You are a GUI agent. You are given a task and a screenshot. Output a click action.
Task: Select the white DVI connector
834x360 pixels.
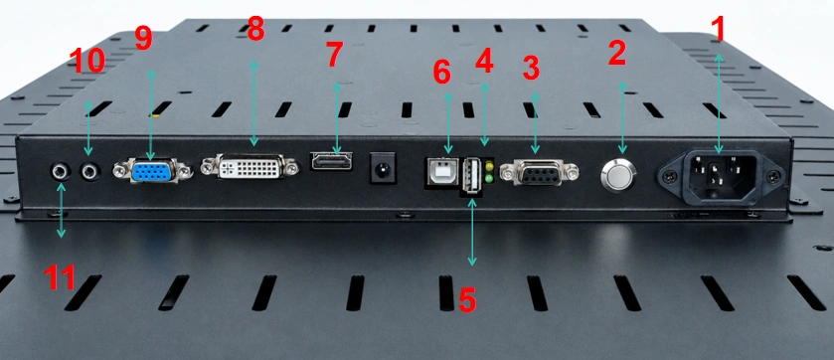(250, 167)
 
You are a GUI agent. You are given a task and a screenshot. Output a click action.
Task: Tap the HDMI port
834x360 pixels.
(331, 161)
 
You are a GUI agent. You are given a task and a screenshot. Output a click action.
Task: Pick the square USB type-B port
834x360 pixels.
(441, 171)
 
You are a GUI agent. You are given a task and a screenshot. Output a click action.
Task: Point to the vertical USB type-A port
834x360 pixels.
(472, 175)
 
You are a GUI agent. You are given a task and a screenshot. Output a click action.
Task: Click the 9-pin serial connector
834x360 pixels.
(538, 173)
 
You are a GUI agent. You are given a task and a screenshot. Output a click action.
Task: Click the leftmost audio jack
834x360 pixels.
(60, 171)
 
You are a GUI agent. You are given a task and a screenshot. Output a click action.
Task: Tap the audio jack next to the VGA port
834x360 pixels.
(89, 171)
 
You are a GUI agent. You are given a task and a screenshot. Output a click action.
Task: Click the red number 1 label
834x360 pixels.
(719, 29)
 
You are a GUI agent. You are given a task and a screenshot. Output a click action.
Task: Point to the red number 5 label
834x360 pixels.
(466, 300)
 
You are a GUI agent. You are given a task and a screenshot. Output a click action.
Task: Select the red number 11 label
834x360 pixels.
(59, 277)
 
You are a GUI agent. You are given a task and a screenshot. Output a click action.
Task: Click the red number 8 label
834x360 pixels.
(255, 29)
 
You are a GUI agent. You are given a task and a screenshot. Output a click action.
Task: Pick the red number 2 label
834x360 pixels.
(617, 53)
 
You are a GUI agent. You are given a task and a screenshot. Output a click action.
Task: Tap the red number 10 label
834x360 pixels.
(86, 61)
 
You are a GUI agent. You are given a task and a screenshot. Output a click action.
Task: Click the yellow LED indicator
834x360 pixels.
(489, 167)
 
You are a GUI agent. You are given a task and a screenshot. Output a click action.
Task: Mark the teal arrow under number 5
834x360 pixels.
(472, 232)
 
